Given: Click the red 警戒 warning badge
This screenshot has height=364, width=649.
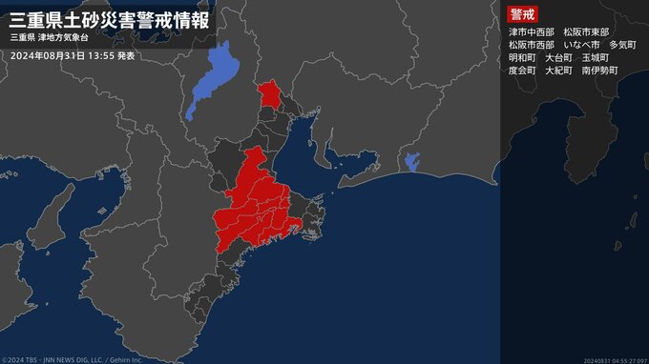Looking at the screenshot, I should (x=521, y=14).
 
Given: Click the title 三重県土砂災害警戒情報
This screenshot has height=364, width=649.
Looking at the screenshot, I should (x=109, y=18).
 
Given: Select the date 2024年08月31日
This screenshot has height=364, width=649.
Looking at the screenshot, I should (x=47, y=56).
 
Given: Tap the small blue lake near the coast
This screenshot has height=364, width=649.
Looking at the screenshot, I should (x=412, y=161).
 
